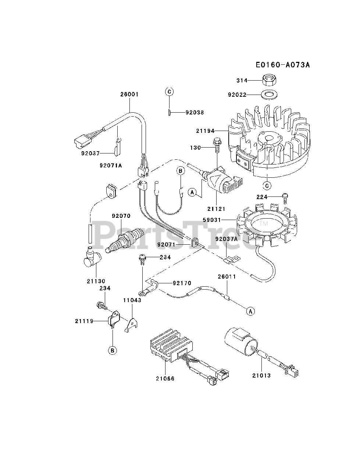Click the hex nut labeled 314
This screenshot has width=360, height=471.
click(x=270, y=80)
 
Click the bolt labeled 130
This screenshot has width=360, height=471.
click(x=216, y=145)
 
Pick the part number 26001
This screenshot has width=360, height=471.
click(x=129, y=94)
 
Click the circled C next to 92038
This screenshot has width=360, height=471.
click(x=169, y=92)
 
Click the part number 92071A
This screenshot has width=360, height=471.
click(x=110, y=165)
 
